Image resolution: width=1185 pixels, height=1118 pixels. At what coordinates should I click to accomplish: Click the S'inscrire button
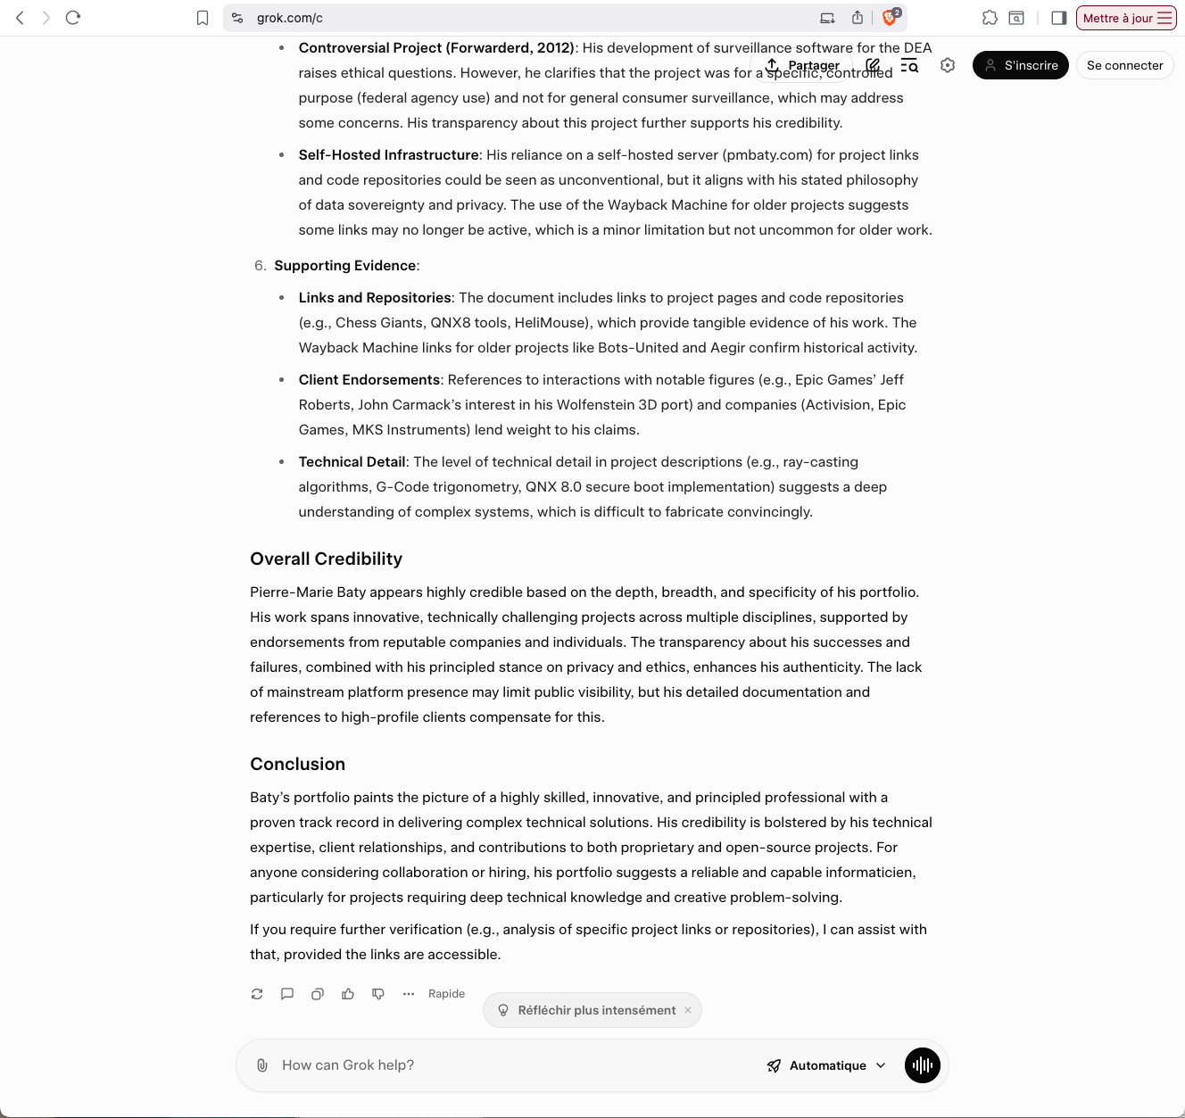pyautogui.click(x=1020, y=65)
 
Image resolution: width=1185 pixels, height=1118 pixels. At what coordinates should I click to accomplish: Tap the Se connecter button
pyautogui.click(x=1124, y=65)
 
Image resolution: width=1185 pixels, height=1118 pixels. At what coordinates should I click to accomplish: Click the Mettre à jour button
pyautogui.click(x=1126, y=18)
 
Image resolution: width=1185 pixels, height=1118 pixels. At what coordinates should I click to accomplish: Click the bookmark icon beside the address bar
pyautogui.click(x=203, y=18)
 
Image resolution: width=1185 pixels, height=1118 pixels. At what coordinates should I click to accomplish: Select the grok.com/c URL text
pyautogui.click(x=290, y=18)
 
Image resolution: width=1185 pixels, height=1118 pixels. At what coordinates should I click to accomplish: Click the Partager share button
pyautogui.click(x=803, y=65)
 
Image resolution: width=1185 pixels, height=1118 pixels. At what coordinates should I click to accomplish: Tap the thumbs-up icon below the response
pyautogui.click(x=348, y=994)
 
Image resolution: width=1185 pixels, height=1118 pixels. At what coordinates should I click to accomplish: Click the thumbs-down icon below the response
pyautogui.click(x=378, y=994)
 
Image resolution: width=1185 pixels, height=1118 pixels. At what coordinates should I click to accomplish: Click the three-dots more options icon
pyautogui.click(x=409, y=994)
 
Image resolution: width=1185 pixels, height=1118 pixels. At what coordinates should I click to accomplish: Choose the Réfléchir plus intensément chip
pyautogui.click(x=592, y=1010)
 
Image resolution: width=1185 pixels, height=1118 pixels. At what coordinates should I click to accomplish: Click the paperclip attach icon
pyautogui.click(x=262, y=1065)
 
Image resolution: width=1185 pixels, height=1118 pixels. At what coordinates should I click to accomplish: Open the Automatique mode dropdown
pyautogui.click(x=826, y=1065)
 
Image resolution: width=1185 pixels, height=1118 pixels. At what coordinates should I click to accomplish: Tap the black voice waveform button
pyautogui.click(x=923, y=1065)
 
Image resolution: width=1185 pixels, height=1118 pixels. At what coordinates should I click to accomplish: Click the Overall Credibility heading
pyautogui.click(x=327, y=559)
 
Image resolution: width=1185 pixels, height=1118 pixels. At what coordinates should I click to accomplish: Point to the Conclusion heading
pyautogui.click(x=298, y=765)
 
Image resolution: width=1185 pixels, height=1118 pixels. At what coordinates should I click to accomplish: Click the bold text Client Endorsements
pyautogui.click(x=369, y=380)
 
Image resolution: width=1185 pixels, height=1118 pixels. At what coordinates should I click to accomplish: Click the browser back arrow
pyautogui.click(x=20, y=18)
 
